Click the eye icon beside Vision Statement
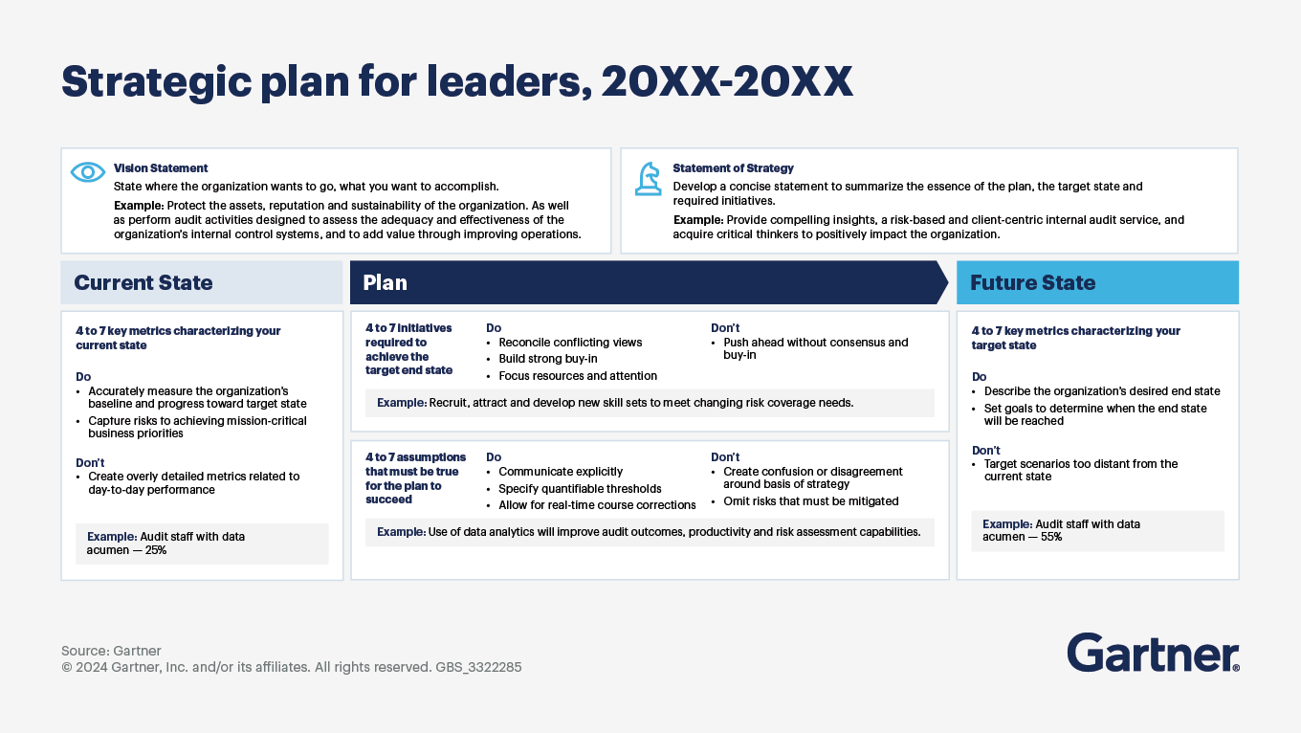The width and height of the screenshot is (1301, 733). pos(88,172)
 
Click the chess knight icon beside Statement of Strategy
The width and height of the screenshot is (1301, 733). pos(649,179)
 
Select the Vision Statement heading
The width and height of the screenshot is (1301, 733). pos(161,167)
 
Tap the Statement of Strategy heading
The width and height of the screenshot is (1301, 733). pos(733,167)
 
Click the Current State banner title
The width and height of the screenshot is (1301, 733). pos(143,282)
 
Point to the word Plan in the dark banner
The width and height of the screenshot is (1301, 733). pos(385,282)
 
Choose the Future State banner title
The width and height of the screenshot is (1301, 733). pos(1033,282)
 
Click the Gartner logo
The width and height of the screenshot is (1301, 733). pos(1153,653)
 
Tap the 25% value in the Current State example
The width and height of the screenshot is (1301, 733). pos(156,550)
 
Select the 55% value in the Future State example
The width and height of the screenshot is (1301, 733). pos(1051,537)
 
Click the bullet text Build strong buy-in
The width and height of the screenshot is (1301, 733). pos(548,359)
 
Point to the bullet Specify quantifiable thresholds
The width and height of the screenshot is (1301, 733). pos(580,488)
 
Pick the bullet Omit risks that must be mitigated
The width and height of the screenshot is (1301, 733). pos(811,501)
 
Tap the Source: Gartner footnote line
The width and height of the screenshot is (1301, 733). pos(111,651)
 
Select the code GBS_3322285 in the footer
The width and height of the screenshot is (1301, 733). pos(478,667)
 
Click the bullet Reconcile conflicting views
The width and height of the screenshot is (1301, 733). pos(570,343)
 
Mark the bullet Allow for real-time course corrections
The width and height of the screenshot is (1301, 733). pos(597,504)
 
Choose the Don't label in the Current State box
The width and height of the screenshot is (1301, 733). pos(90,462)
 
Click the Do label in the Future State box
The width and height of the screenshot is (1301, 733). pos(980,376)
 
